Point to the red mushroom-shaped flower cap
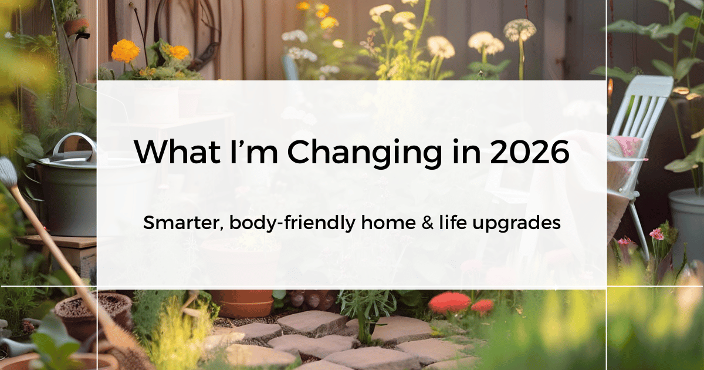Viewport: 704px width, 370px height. point(449,302)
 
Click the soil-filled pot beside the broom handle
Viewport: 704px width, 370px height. point(94,311)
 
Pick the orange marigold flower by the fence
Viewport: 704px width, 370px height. point(126,51)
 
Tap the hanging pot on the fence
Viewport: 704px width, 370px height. point(76,26)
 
